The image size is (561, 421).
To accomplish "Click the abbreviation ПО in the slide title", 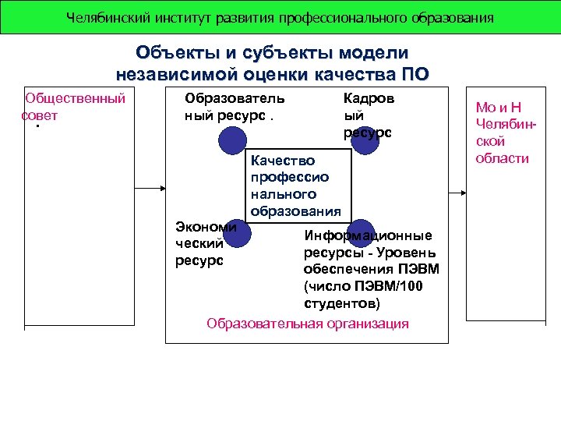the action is (415, 75).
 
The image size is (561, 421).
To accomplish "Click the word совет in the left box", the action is (40, 115).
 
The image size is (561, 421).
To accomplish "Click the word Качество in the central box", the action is (282, 161).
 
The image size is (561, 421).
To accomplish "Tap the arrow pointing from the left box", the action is (151, 188).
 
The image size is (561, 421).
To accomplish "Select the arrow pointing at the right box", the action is (459, 188).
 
